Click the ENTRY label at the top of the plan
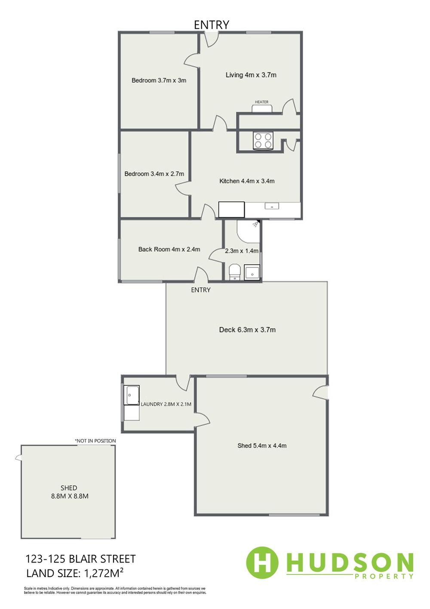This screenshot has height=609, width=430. point(211,25)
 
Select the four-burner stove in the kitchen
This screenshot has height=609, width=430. point(263,140)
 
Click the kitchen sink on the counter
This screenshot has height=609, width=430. point(272,206)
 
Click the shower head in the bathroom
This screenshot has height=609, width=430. point(256,224)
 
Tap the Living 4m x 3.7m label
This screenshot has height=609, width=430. point(251,75)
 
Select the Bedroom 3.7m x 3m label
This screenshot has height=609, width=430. point(159,80)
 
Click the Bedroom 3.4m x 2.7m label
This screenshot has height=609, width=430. point(154,173)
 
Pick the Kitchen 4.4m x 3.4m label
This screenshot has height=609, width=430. point(247,181)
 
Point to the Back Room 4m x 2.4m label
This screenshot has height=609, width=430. point(169,249)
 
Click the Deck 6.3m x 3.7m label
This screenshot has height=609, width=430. point(247,330)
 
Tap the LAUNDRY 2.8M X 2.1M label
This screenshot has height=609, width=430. point(166,404)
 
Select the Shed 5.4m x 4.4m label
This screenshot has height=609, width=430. point(262,445)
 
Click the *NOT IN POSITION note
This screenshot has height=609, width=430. point(95,441)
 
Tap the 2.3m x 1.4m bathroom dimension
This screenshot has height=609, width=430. point(242,250)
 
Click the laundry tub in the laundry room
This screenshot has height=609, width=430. point(132,395)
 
